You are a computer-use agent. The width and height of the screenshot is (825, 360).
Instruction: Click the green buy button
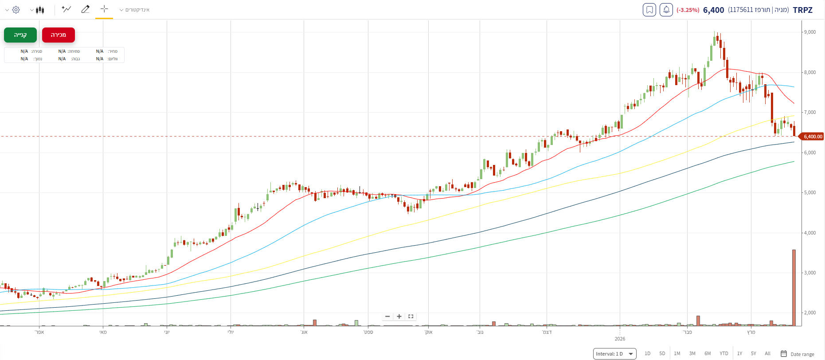point(20,35)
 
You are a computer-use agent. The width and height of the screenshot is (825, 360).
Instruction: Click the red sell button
point(59,35)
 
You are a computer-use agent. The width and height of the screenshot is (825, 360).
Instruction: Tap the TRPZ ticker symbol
point(802,10)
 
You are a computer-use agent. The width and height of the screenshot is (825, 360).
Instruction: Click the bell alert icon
point(666,10)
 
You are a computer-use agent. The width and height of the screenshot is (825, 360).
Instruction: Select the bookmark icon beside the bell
point(649,10)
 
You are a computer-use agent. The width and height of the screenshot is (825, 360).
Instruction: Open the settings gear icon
point(16,10)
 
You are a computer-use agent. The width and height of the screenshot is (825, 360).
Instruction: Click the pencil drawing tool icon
point(86,9)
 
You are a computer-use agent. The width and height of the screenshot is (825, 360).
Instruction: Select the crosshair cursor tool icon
point(104,9)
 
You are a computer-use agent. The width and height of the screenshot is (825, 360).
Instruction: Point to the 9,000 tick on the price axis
point(809,32)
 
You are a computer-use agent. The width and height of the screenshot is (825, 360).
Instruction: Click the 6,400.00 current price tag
point(813,137)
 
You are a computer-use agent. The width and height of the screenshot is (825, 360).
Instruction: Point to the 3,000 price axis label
point(809,273)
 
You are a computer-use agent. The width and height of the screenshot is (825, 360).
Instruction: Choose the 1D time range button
point(647,353)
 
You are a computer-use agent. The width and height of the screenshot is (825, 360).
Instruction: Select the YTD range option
point(723,353)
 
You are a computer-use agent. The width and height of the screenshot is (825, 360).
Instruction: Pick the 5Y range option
point(753,353)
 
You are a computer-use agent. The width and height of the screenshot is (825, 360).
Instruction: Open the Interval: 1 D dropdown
point(614,354)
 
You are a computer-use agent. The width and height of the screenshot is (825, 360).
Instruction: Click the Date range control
point(798,354)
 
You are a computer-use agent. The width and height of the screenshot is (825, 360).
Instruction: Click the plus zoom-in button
point(399,317)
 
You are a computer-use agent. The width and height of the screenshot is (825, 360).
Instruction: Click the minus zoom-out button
point(387,317)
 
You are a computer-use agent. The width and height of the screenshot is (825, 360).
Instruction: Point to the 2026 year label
point(620,339)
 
